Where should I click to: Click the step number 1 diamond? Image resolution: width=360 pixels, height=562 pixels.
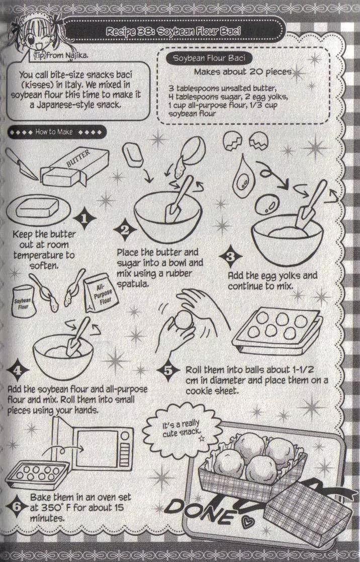coord(84,218)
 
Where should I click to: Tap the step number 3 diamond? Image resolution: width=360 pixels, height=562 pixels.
coord(230,257)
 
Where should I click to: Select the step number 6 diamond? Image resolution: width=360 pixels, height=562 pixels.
coord(17,507)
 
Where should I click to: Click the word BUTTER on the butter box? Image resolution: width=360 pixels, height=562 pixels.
coord(78,157)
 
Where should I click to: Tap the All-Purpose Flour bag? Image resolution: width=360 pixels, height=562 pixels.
coord(102,293)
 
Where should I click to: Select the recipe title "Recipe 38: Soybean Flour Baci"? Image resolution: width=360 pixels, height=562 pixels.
coord(173,31)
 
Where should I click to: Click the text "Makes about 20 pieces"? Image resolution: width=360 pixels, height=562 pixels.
coord(242,71)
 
